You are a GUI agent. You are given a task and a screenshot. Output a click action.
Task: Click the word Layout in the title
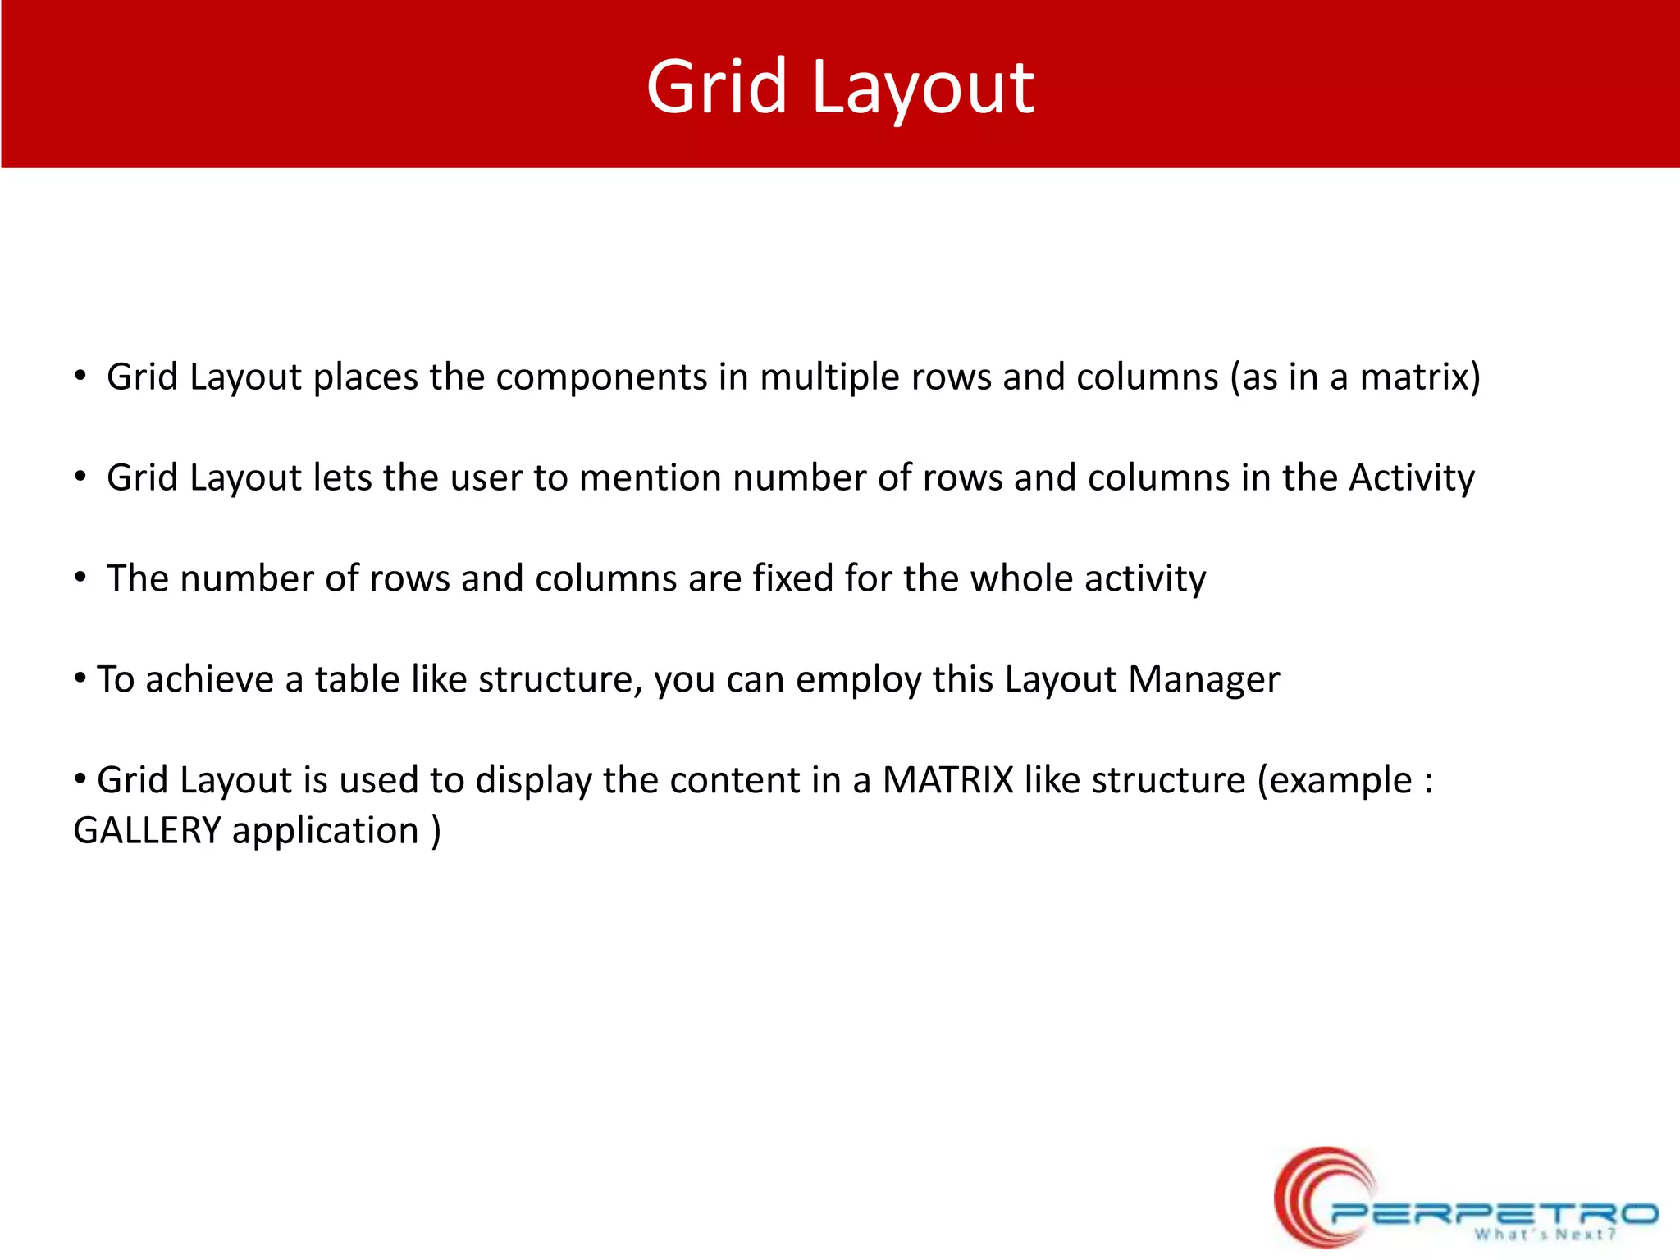[x=922, y=89]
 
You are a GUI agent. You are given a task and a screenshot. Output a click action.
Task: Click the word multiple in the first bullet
[x=829, y=378]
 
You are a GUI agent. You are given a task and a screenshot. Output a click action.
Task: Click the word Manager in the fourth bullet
[x=1203, y=680]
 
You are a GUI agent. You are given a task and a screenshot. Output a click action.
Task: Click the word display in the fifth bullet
[x=533, y=781]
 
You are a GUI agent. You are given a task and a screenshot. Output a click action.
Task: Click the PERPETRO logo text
[x=1493, y=1212]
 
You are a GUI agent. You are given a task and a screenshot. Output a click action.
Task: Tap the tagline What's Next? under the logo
[x=1545, y=1235]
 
